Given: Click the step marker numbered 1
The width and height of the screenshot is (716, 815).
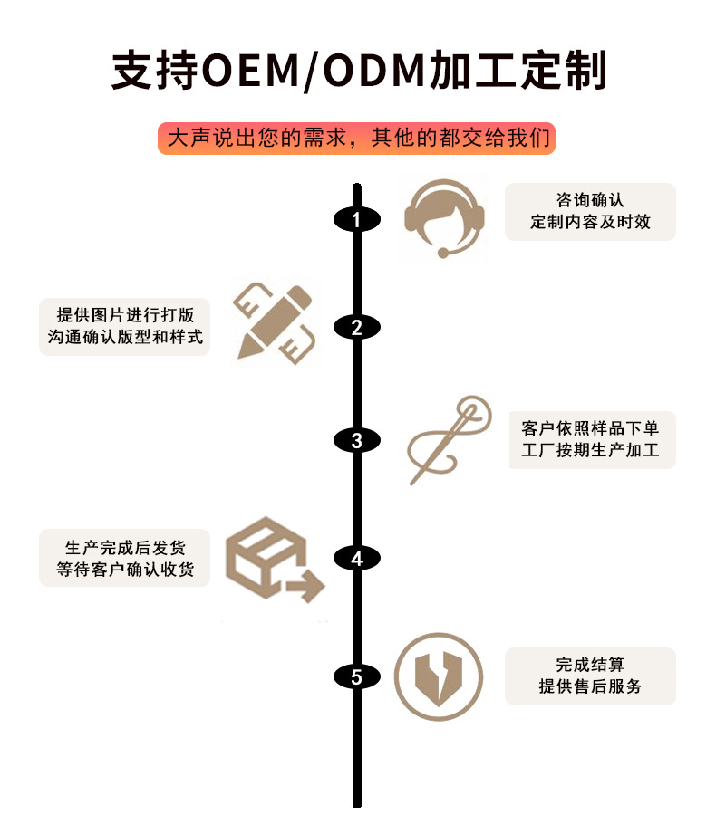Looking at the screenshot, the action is [356, 219].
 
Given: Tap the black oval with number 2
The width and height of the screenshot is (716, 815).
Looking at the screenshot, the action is [356, 328].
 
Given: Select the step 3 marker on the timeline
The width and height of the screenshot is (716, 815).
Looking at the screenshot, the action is [356, 441].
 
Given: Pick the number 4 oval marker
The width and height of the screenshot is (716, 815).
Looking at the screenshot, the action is [356, 559].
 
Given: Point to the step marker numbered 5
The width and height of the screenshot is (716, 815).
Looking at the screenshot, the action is [356, 676].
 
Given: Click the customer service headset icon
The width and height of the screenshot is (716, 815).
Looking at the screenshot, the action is [443, 219].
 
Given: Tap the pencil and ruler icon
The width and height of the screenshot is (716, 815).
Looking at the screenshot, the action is [276, 321].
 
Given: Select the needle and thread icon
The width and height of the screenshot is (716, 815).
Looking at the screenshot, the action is [450, 440].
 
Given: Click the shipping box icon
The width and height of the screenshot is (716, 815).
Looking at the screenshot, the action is [272, 561].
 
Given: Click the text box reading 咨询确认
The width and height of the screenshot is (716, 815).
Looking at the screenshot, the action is [590, 211].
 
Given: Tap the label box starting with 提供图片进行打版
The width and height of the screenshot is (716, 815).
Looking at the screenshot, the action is [124, 326].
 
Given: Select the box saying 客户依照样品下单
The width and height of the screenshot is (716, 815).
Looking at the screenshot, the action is [590, 438].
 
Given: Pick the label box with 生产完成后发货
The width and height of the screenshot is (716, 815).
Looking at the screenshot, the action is [124, 558].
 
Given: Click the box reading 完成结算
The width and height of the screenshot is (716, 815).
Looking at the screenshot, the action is [590, 676].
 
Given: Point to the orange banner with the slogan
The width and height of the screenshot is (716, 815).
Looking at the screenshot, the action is [356, 139].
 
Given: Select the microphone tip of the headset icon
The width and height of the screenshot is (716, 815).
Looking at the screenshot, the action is [443, 253].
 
